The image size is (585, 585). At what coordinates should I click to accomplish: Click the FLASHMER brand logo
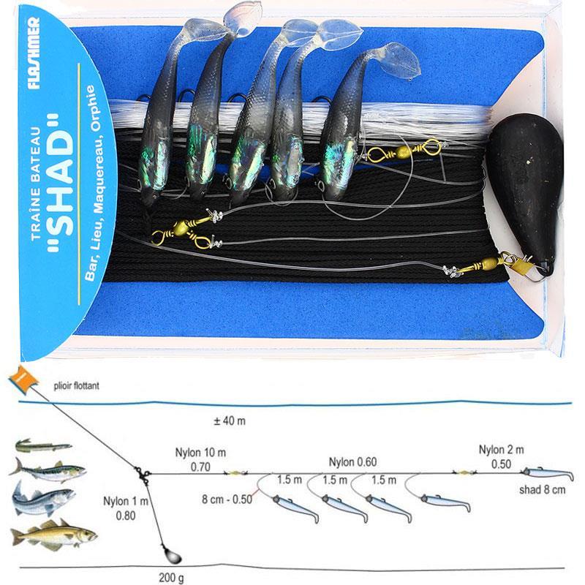33,53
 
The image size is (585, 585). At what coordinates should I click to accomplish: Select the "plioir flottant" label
77,385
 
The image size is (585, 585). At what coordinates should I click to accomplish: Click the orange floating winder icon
23,380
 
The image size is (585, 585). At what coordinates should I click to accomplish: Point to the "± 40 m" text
230,421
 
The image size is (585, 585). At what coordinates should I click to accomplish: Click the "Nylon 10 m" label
200,453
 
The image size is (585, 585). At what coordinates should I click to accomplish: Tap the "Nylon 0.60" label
352,462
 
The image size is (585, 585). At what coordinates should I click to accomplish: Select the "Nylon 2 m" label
501,450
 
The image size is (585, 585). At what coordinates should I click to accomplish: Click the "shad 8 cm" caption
542,489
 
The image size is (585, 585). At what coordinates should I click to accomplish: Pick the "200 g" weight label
171,578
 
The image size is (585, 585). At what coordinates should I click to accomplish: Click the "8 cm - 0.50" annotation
227,499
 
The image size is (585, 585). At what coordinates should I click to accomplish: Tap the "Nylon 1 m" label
126,501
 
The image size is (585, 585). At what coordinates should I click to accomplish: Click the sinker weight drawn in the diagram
172,555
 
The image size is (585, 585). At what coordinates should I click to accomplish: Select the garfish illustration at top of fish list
44,445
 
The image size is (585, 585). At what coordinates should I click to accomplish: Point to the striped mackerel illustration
48,470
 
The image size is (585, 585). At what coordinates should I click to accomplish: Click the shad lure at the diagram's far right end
548,474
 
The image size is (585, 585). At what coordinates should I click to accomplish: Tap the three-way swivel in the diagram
143,475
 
